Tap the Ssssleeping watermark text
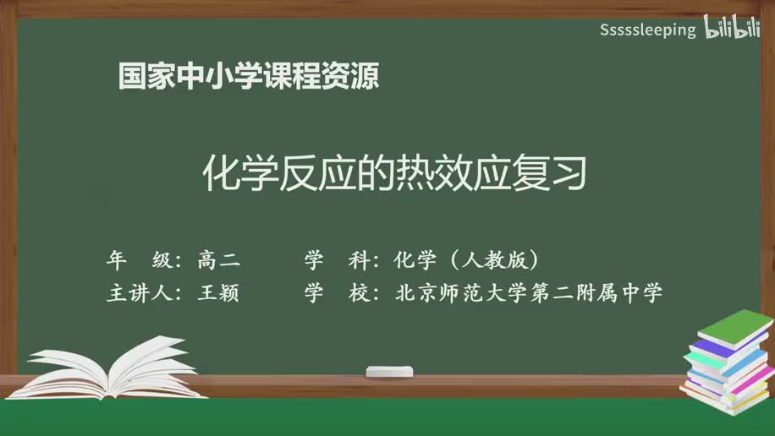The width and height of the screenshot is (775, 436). (x=647, y=30)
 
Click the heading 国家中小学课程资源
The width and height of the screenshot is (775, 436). (x=248, y=77)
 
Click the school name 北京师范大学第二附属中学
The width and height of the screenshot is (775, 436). (x=528, y=293)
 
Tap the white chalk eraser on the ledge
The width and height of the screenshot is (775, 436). (x=389, y=371)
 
